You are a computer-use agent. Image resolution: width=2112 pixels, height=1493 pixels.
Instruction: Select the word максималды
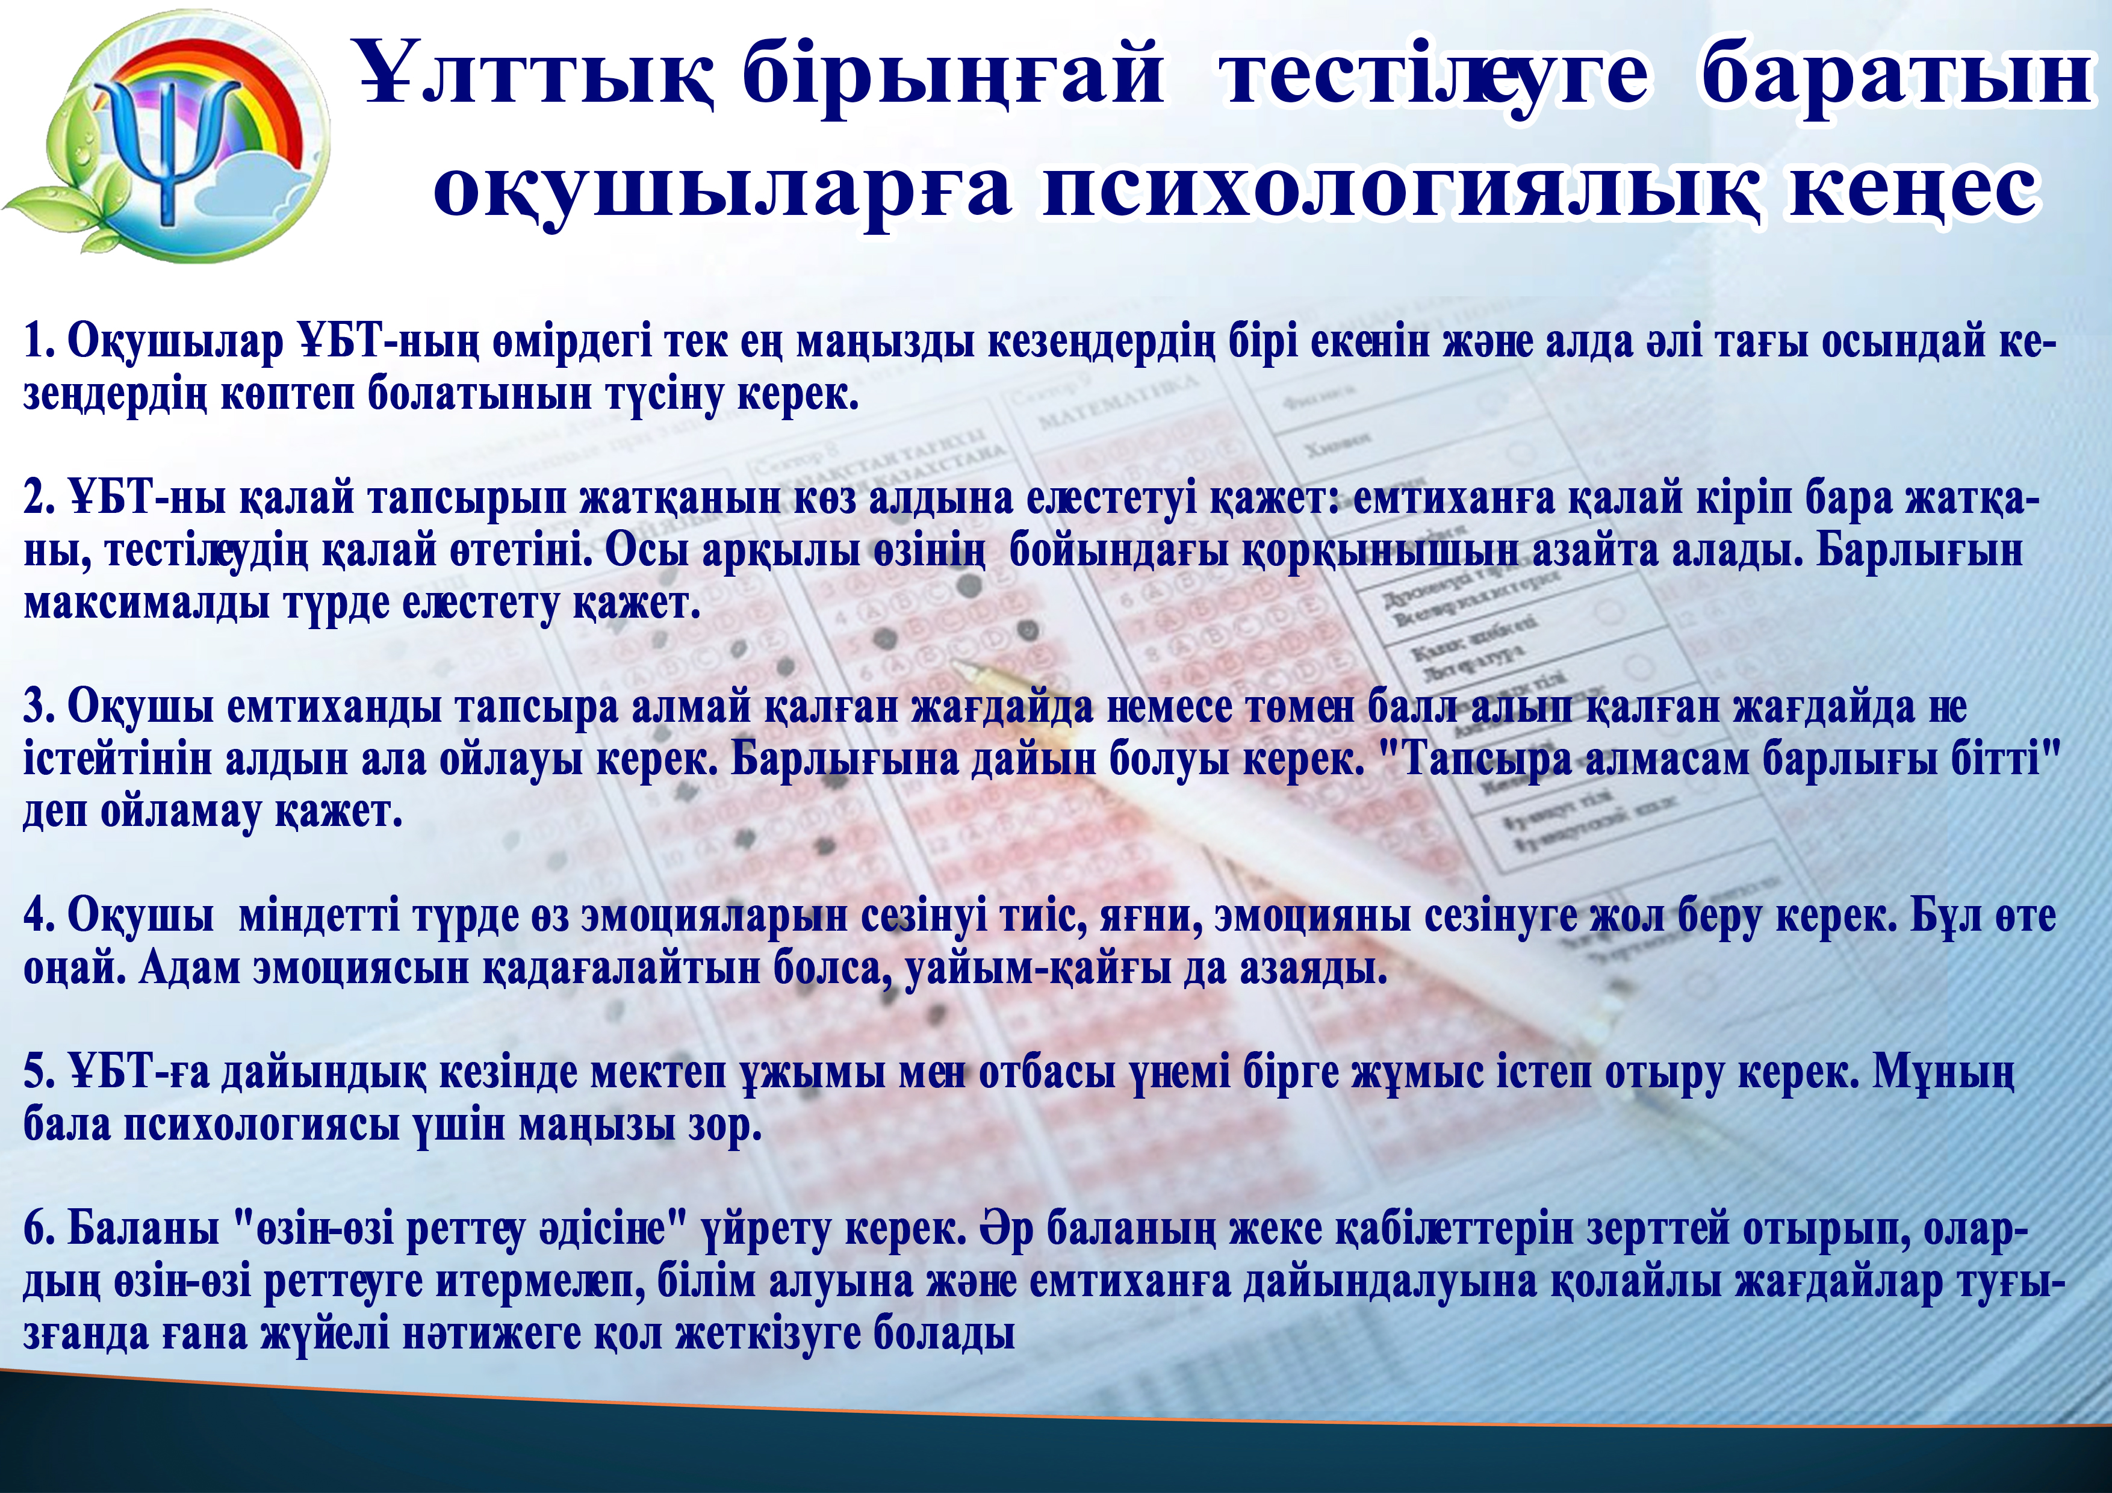click(147, 603)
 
